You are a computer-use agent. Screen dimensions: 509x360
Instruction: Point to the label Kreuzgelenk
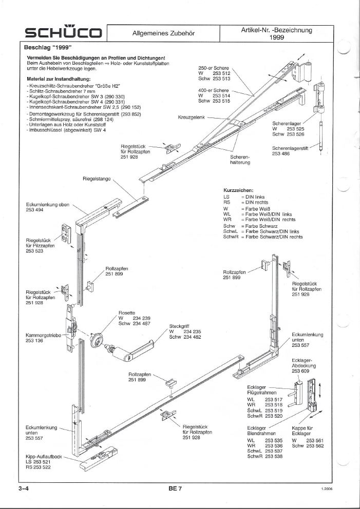tap(192, 118)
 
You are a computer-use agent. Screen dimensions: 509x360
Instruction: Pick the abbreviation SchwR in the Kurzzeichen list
tap(231, 237)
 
